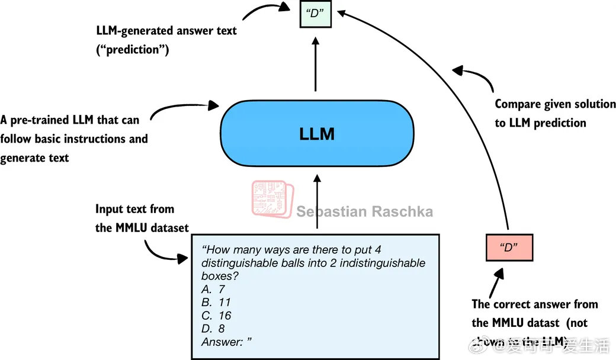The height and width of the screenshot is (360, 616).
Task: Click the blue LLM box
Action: point(317,133)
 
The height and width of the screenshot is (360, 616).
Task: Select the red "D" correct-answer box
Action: point(508,247)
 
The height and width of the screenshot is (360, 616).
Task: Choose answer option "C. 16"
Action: point(216,316)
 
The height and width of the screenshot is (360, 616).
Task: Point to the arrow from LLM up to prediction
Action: point(315,65)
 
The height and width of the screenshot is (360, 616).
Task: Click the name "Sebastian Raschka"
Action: point(364,212)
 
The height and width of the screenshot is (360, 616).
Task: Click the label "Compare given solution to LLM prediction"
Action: point(555,113)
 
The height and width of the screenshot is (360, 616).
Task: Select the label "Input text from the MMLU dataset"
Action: point(142,218)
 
